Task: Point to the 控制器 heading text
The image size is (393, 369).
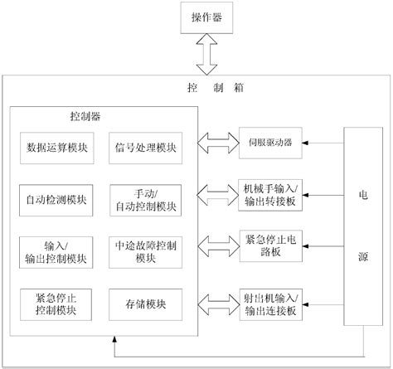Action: (85, 117)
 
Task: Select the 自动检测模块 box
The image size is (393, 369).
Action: (57, 199)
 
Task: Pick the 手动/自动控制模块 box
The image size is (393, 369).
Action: (144, 199)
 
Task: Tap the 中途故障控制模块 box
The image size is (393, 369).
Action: (144, 252)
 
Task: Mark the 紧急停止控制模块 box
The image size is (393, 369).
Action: (57, 304)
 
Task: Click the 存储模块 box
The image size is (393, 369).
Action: (144, 304)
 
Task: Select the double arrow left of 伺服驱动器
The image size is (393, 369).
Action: (217, 140)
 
